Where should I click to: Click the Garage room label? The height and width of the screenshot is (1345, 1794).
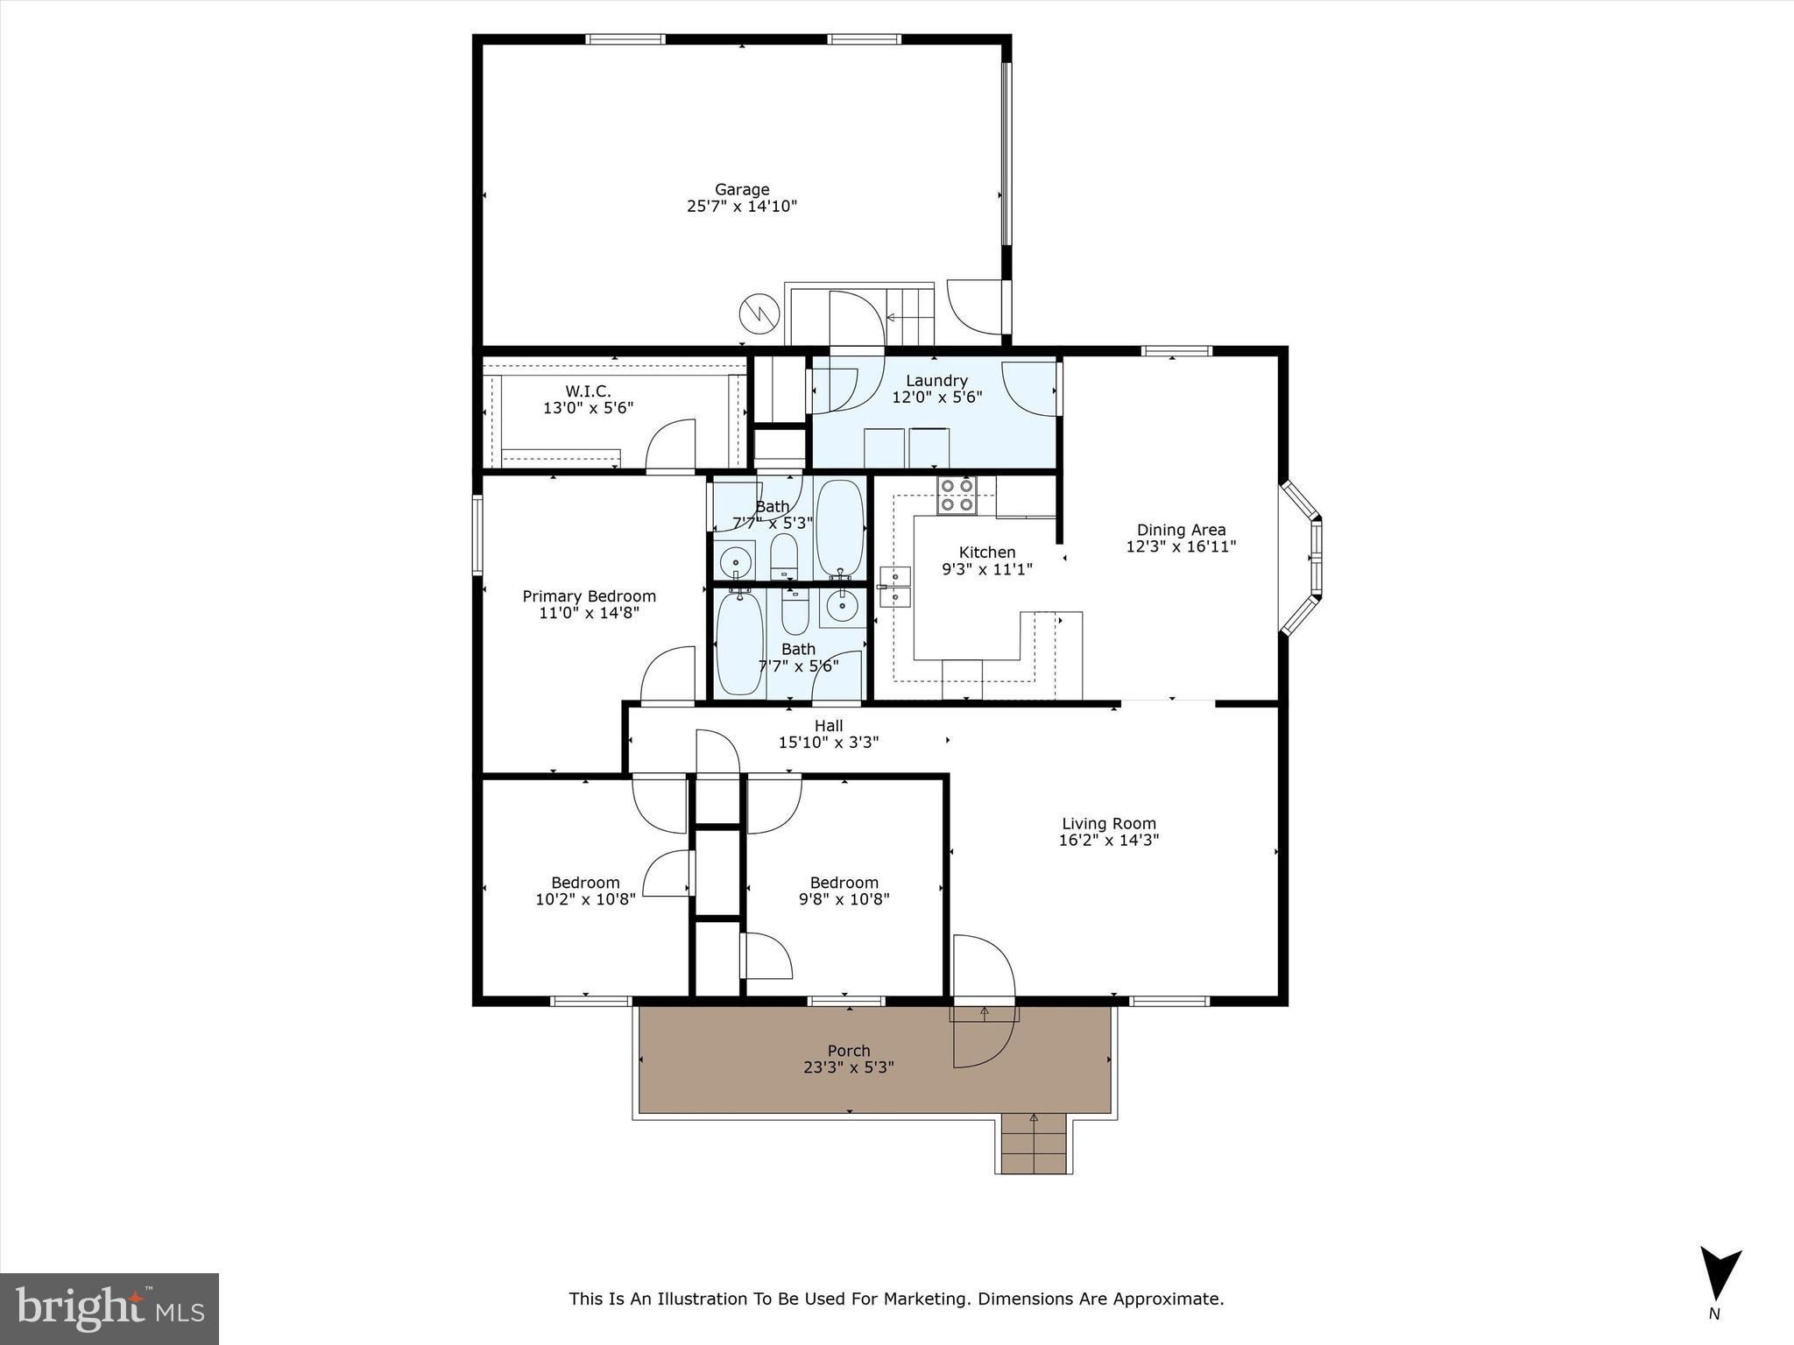[x=742, y=189]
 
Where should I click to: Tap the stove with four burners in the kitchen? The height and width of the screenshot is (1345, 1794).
[x=957, y=495]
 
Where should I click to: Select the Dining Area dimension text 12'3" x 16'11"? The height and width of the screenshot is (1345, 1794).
[x=1181, y=546]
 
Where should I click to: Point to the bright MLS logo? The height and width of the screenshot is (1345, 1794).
[x=109, y=1308]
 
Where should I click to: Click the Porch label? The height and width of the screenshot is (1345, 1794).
[x=849, y=1051]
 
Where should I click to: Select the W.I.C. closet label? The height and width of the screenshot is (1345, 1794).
[x=588, y=391]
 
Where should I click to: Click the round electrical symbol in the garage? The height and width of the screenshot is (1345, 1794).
[x=760, y=313]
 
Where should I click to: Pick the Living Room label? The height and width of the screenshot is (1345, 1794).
[x=1109, y=823]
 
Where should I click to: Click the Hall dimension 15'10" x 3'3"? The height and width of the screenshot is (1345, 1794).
[x=829, y=743]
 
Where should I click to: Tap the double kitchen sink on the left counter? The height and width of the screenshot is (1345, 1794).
[x=895, y=587]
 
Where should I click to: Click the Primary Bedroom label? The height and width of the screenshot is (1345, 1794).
[x=589, y=596]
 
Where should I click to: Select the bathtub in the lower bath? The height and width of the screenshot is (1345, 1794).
[x=738, y=644]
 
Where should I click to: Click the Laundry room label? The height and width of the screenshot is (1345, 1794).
[x=936, y=381]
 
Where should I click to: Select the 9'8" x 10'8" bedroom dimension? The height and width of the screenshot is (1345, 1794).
[x=844, y=898]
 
